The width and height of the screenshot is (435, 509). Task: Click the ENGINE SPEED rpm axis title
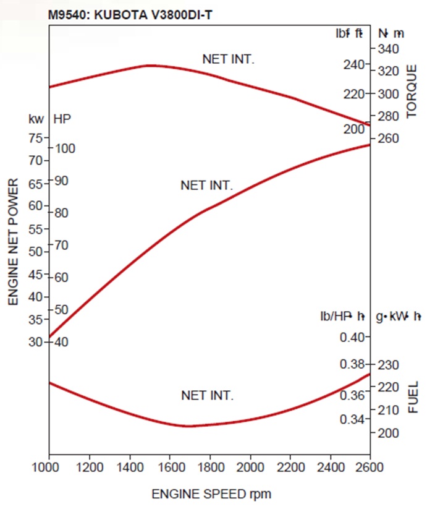(x=211, y=494)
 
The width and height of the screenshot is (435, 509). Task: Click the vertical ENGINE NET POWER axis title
(x=14, y=242)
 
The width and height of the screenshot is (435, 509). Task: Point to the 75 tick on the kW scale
(x=35, y=138)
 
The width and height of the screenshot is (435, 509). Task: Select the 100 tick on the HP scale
(x=64, y=148)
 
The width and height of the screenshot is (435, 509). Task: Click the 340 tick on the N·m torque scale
(x=387, y=48)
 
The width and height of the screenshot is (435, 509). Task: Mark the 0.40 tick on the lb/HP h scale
(x=353, y=337)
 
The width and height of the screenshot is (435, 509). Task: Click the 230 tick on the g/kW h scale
(x=387, y=364)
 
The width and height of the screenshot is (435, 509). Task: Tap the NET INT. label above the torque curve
(x=228, y=59)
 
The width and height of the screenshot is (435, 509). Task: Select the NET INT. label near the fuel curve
(x=207, y=395)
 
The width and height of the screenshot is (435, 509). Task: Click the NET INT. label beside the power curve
(x=206, y=185)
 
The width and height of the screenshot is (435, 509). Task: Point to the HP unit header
(x=62, y=118)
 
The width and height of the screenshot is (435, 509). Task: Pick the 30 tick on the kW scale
(x=35, y=342)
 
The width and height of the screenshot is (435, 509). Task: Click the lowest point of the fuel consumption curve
(x=187, y=426)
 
